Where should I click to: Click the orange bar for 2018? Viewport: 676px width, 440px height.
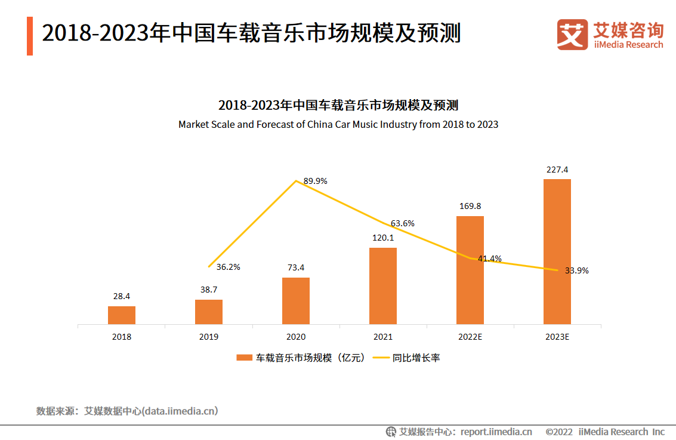click(x=122, y=315)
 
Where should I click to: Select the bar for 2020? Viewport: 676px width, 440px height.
click(x=296, y=301)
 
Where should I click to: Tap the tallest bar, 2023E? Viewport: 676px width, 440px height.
click(x=557, y=251)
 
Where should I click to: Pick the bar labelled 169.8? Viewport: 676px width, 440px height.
click(x=470, y=270)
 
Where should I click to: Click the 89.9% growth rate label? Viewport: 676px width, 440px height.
click(x=316, y=181)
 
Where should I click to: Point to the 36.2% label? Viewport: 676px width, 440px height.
click(x=229, y=267)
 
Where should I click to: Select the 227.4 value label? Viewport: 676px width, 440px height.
click(x=557, y=170)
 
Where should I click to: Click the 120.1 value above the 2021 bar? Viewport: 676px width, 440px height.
click(x=383, y=238)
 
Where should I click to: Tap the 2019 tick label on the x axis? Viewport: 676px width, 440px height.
click(x=209, y=337)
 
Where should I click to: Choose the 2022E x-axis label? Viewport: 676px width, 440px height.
click(x=470, y=337)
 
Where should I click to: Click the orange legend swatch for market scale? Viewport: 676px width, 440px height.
click(x=245, y=358)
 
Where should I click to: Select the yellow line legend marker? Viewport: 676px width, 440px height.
click(x=381, y=358)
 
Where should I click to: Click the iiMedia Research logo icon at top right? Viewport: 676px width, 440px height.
click(x=572, y=35)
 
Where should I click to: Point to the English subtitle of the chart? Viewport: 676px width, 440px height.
click(x=338, y=125)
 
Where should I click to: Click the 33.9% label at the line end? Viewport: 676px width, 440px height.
click(x=577, y=270)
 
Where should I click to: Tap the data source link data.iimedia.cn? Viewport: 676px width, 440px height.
click(x=180, y=411)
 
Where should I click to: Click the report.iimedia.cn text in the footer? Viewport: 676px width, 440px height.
click(x=496, y=432)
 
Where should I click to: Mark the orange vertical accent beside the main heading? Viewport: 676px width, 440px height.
click(x=30, y=36)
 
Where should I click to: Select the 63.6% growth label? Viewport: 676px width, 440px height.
click(x=403, y=223)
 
